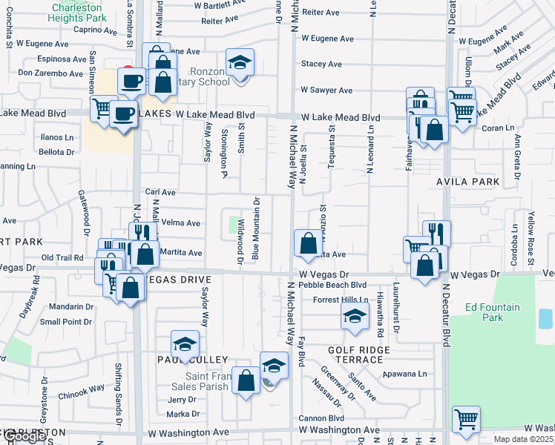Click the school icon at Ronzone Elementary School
click(240, 63)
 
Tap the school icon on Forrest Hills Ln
click(355, 317)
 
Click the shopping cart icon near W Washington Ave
click(466, 420)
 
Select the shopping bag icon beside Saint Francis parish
click(246, 381)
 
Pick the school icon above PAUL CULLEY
click(185, 345)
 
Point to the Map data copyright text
click(524, 439)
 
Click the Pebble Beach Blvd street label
click(334, 285)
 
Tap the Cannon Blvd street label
click(321, 418)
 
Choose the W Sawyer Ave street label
click(326, 90)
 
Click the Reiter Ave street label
click(321, 12)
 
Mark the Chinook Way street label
click(82, 389)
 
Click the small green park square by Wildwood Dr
click(236, 222)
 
